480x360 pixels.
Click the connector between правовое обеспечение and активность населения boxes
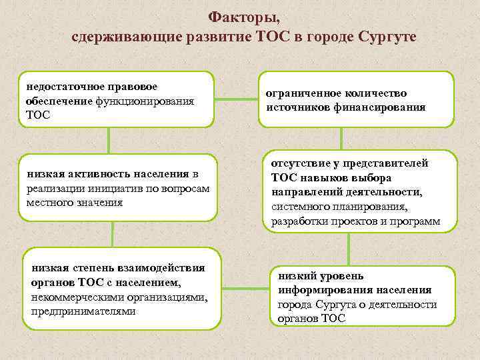click(x=109, y=141)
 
